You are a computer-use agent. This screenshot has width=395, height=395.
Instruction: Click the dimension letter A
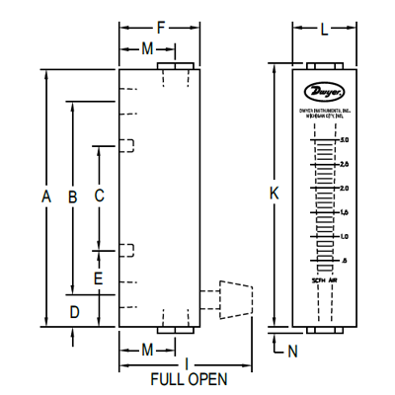pos(45,197)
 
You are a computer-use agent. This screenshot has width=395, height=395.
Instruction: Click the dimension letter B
pos(72,197)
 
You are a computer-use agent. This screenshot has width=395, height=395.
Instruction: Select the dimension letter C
pos(99,196)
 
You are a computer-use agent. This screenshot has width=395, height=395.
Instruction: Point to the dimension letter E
pos(98,278)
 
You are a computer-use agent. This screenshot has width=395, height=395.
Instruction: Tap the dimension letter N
pos(291,350)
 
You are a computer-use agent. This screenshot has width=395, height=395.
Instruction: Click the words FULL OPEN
pos(188,379)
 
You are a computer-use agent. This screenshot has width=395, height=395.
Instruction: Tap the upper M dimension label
pos(147,48)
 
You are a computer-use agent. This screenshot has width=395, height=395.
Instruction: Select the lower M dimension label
pos(147,350)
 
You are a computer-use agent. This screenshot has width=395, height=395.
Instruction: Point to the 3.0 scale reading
pos(343,140)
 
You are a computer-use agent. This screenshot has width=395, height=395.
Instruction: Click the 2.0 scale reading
pos(343,188)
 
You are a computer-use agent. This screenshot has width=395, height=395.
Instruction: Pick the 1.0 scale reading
pos(343,236)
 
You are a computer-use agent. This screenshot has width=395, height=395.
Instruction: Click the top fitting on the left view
pos(175,67)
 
